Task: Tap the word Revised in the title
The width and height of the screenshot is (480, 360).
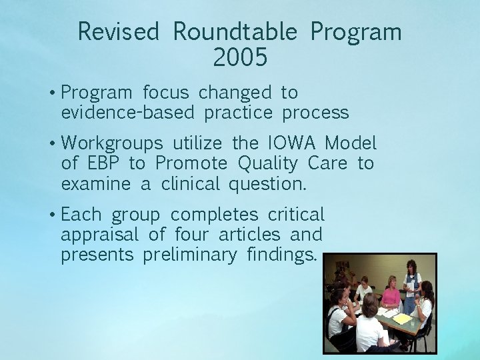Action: [119, 31]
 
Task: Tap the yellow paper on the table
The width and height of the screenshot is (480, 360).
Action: [402, 319]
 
